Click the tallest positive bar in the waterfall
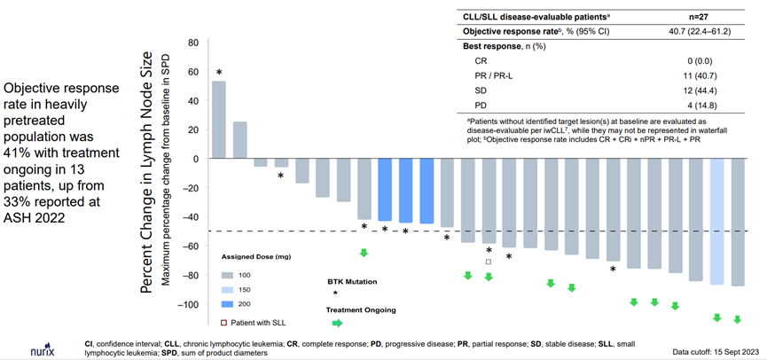218,120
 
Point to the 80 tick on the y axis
191,43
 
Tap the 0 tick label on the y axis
193,159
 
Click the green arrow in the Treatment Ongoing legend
336,323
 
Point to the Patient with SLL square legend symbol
225,322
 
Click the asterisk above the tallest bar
219,72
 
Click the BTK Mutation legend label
352,281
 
